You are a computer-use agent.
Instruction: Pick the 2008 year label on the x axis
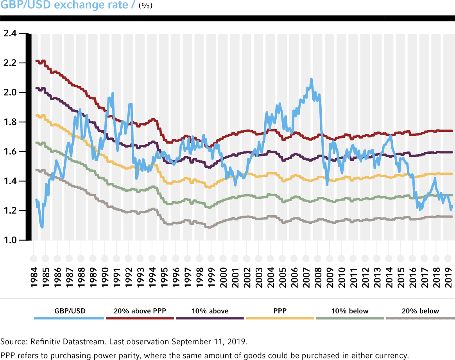coord(318,277)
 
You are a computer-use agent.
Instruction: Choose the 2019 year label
coord(448,277)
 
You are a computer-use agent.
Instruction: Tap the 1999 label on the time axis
coord(211,277)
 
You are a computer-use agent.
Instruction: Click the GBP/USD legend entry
coord(70,311)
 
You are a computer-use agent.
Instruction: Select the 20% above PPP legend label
coord(140,311)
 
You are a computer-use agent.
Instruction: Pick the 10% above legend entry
coord(210,311)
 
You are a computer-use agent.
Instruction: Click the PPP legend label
coord(280,311)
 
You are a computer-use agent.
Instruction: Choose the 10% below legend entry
coord(350,311)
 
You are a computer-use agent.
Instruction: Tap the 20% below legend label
coord(420,311)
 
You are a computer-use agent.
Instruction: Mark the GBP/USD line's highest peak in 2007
coord(311,79)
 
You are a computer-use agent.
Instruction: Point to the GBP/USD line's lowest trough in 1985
coord(42,227)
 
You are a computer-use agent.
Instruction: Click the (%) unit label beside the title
coord(146,7)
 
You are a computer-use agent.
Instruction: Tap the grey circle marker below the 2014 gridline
coord(389,258)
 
